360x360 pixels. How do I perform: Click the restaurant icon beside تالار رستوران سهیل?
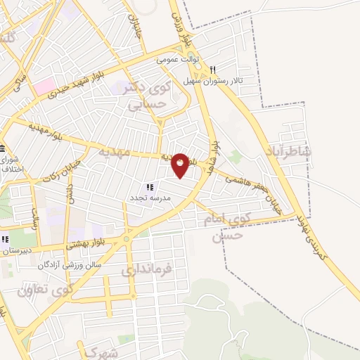click(212, 70)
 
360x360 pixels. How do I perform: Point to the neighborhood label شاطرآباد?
click(289, 151)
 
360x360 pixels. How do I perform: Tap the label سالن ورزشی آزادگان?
click(73, 264)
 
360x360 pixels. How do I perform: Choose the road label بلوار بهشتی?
click(89, 244)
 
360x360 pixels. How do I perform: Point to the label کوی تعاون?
click(46, 288)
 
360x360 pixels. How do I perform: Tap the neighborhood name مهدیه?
click(114, 151)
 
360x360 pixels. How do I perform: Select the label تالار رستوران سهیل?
click(240, 82)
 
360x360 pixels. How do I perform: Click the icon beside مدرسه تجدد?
click(149, 186)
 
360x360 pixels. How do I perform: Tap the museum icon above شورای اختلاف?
click(3, 148)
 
